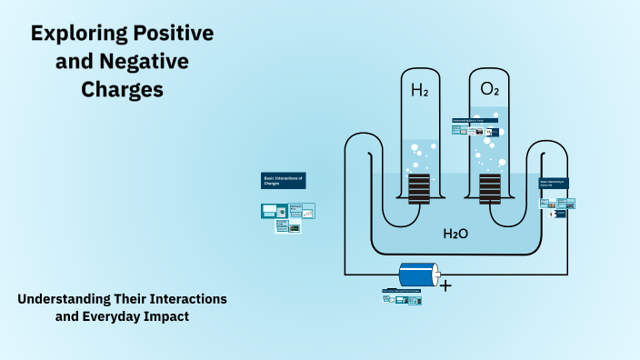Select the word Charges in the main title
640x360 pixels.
click(x=122, y=90)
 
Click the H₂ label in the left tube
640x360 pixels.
click(x=419, y=90)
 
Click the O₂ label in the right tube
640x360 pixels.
click(x=489, y=90)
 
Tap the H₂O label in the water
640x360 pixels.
click(x=455, y=234)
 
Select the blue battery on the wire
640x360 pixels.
click(x=417, y=274)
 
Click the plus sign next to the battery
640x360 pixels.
click(x=445, y=285)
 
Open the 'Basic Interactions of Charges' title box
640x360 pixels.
click(x=284, y=180)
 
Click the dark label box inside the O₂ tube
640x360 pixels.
click(x=475, y=120)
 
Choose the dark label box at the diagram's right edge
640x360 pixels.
click(x=554, y=183)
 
